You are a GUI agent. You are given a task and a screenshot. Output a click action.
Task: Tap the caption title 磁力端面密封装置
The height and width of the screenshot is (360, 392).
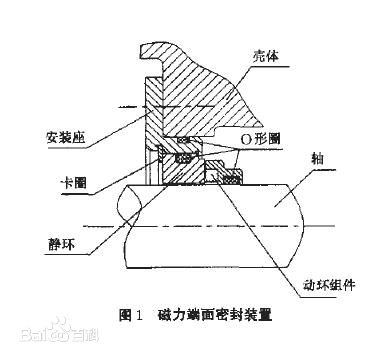pyautogui.click(x=215, y=315)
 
